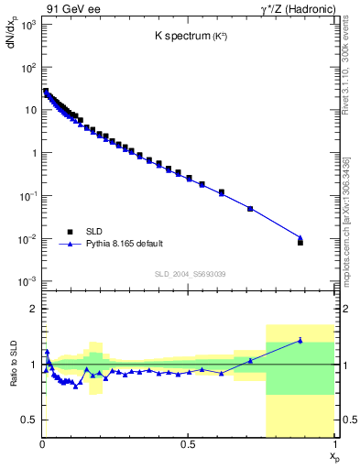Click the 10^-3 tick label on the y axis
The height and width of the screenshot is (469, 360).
28,281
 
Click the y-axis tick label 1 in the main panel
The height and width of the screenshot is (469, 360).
34,153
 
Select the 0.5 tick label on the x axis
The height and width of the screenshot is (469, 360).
188,444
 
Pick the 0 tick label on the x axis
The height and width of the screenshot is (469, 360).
43,444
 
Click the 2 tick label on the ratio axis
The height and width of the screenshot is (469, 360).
34,310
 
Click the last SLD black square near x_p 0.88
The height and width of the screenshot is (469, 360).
300,243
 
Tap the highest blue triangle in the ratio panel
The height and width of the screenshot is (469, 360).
300,341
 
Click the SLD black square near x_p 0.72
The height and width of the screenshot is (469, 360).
250,209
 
